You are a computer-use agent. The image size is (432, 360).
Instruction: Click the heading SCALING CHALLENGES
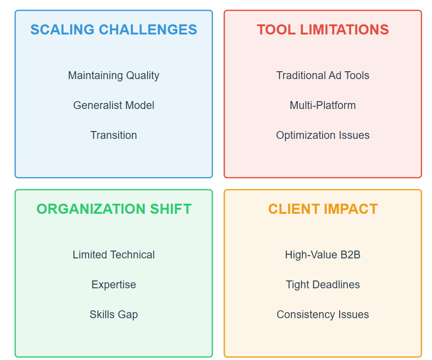coord(114,29)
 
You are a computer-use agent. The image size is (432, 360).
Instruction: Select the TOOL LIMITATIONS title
coord(323,29)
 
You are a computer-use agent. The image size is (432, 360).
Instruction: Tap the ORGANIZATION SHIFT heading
coord(114,209)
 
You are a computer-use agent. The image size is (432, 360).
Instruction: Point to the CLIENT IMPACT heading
coord(323,209)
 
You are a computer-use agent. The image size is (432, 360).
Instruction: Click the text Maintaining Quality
coord(114,75)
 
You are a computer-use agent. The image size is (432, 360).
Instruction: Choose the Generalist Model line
coord(114,105)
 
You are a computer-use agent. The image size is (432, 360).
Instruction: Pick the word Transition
coord(114,135)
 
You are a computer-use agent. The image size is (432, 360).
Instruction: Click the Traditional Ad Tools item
coord(323,75)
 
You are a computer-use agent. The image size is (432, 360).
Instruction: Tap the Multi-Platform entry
coord(323,105)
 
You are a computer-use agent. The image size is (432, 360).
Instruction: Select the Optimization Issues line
coord(323,135)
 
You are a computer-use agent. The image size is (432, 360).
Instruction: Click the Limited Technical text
coord(114,255)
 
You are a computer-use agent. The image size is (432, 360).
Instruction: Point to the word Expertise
coord(114,285)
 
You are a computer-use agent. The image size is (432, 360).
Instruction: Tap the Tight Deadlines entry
coord(323,285)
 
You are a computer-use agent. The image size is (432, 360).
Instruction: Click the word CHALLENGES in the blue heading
coord(148,29)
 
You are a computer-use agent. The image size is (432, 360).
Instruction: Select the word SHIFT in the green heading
coord(171,209)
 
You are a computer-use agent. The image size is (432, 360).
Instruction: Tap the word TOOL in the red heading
coord(276,29)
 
